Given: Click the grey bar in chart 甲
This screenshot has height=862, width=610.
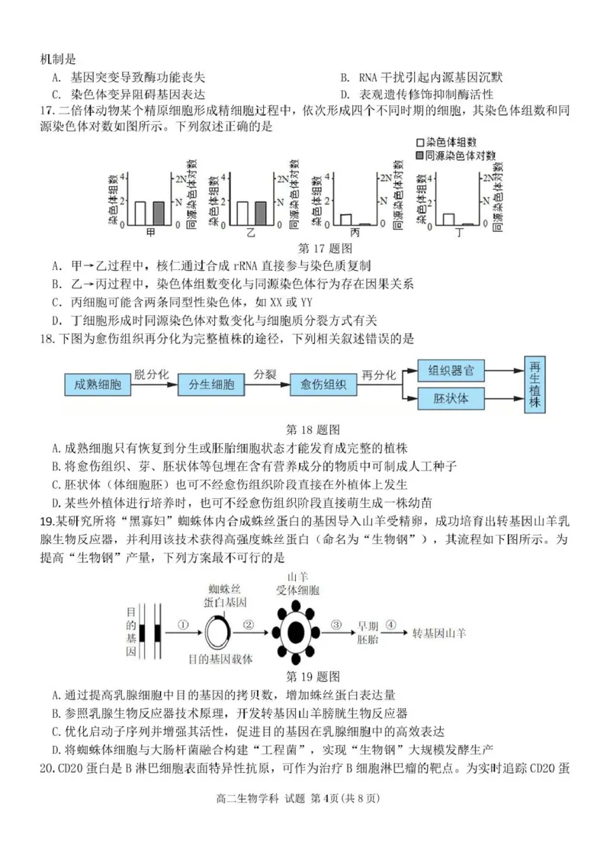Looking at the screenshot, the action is click(x=159, y=214).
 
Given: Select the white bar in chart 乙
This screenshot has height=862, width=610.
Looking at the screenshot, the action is click(x=242, y=214).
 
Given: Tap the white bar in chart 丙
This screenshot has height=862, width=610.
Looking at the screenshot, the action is click(x=345, y=220).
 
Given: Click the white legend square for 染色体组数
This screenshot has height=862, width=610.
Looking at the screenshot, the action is click(x=420, y=143).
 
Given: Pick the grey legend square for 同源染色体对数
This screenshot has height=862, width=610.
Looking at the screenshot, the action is click(x=420, y=155).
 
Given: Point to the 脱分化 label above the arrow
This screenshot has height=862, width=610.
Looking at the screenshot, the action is click(x=149, y=374).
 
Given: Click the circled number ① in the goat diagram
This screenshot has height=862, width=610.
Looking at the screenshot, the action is click(x=182, y=624).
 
